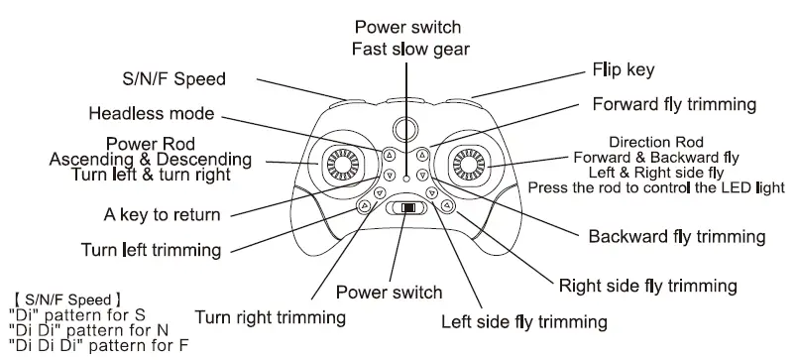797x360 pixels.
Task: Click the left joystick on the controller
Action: [x=334, y=162]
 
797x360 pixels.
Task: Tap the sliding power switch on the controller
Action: [x=404, y=209]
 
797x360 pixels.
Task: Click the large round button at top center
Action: [x=403, y=128]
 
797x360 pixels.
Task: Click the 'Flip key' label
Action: [x=624, y=70]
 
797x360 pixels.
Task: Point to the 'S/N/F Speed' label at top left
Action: [x=167, y=79]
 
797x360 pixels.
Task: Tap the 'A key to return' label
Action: [x=162, y=213]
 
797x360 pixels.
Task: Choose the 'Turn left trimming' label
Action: [x=151, y=249]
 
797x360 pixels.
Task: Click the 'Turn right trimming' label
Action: [x=270, y=317]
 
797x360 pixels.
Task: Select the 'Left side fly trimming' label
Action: [x=523, y=322]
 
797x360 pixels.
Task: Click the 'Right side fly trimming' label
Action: [x=647, y=287]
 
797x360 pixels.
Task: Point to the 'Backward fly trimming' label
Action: [x=676, y=236]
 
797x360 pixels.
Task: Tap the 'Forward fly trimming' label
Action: [x=674, y=104]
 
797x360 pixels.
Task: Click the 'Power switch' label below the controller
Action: [x=389, y=292]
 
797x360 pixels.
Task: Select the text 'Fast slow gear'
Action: [x=409, y=49]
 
